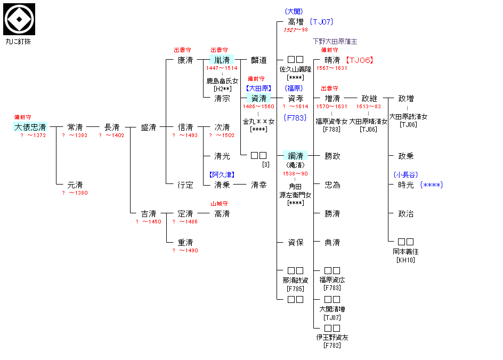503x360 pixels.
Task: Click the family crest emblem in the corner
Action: point(20,19)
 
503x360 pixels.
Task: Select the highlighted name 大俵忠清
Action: point(30,127)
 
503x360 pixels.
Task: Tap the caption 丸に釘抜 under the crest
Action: point(19,41)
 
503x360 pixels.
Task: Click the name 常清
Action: point(75,127)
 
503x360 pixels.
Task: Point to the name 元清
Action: point(75,185)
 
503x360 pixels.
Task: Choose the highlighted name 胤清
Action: point(222,60)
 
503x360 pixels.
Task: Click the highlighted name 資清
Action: point(259,98)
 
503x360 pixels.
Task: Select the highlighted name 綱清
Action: point(296,156)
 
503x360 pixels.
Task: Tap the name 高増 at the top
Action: point(296,22)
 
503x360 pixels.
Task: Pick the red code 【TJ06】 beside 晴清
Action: point(359,60)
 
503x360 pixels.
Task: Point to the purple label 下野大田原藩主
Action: point(335,41)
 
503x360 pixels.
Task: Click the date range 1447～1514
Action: point(222,68)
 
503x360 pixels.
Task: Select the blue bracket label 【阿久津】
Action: point(222,174)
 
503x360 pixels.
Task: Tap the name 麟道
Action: point(259,60)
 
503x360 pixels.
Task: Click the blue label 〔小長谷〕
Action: point(406,174)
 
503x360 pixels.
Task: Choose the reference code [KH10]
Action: point(405,260)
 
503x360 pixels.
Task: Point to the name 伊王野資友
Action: point(332,337)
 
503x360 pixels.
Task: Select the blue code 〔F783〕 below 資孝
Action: point(295,118)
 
